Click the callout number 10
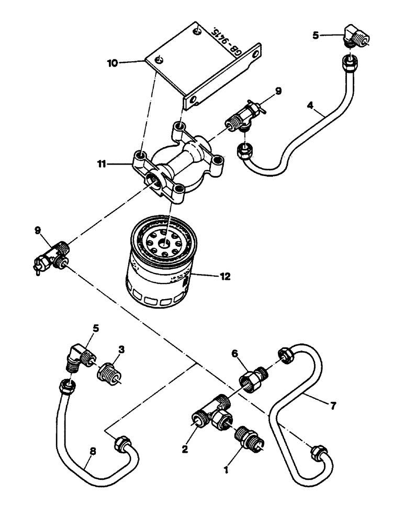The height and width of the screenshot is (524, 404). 113,63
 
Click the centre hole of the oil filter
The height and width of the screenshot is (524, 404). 166,242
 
